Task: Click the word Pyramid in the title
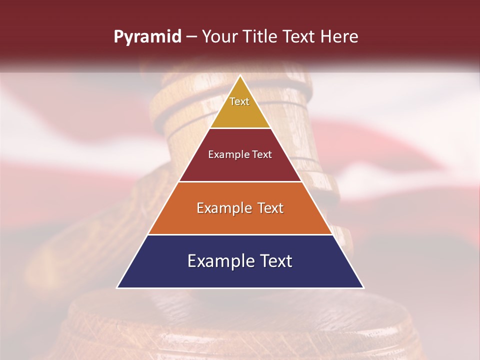(147, 36)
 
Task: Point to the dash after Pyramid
(191, 36)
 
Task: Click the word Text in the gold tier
(239, 101)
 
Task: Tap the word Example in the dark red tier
(228, 154)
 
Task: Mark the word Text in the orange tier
(270, 208)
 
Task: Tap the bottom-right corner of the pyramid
(363, 287)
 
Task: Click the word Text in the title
(299, 36)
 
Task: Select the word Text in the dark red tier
(261, 154)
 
